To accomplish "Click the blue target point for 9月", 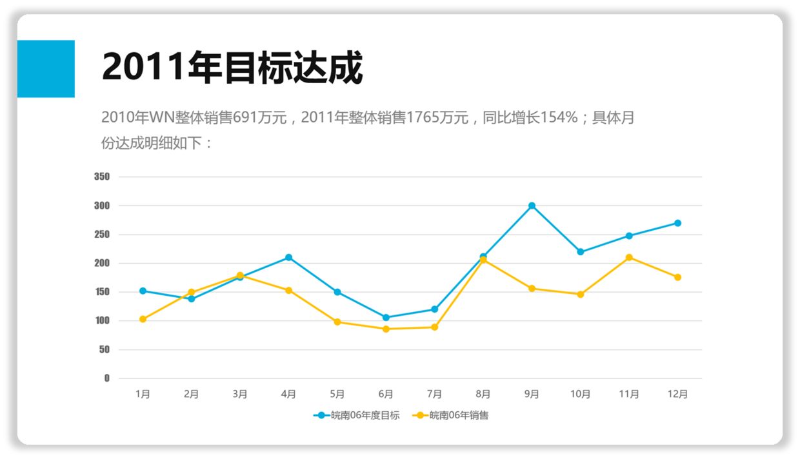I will pyautogui.click(x=532, y=206).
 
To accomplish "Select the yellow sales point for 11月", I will pyautogui.click(x=629, y=258).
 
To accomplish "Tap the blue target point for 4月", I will pyautogui.click(x=289, y=258).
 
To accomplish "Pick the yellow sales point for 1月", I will pyautogui.click(x=143, y=319).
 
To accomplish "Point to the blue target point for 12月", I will pyautogui.click(x=677, y=223).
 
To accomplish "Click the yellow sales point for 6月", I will pyautogui.click(x=386, y=329).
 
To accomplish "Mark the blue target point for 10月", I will pyautogui.click(x=581, y=252).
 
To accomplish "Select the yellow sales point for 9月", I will pyautogui.click(x=532, y=288).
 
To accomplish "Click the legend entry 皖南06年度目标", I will pyautogui.click(x=357, y=416).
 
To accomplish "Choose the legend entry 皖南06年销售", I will pyautogui.click(x=451, y=416).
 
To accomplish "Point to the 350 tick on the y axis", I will pyautogui.click(x=102, y=177).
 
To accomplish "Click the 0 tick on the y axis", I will pyautogui.click(x=107, y=378).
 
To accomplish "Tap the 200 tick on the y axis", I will pyautogui.click(x=102, y=263).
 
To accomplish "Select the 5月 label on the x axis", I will pyautogui.click(x=337, y=395).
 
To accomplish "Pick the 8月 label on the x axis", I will pyautogui.click(x=483, y=395).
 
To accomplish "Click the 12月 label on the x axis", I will pyautogui.click(x=677, y=395).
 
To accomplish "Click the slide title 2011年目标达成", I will pyautogui.click(x=232, y=68).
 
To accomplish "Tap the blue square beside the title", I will pyautogui.click(x=46, y=69).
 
